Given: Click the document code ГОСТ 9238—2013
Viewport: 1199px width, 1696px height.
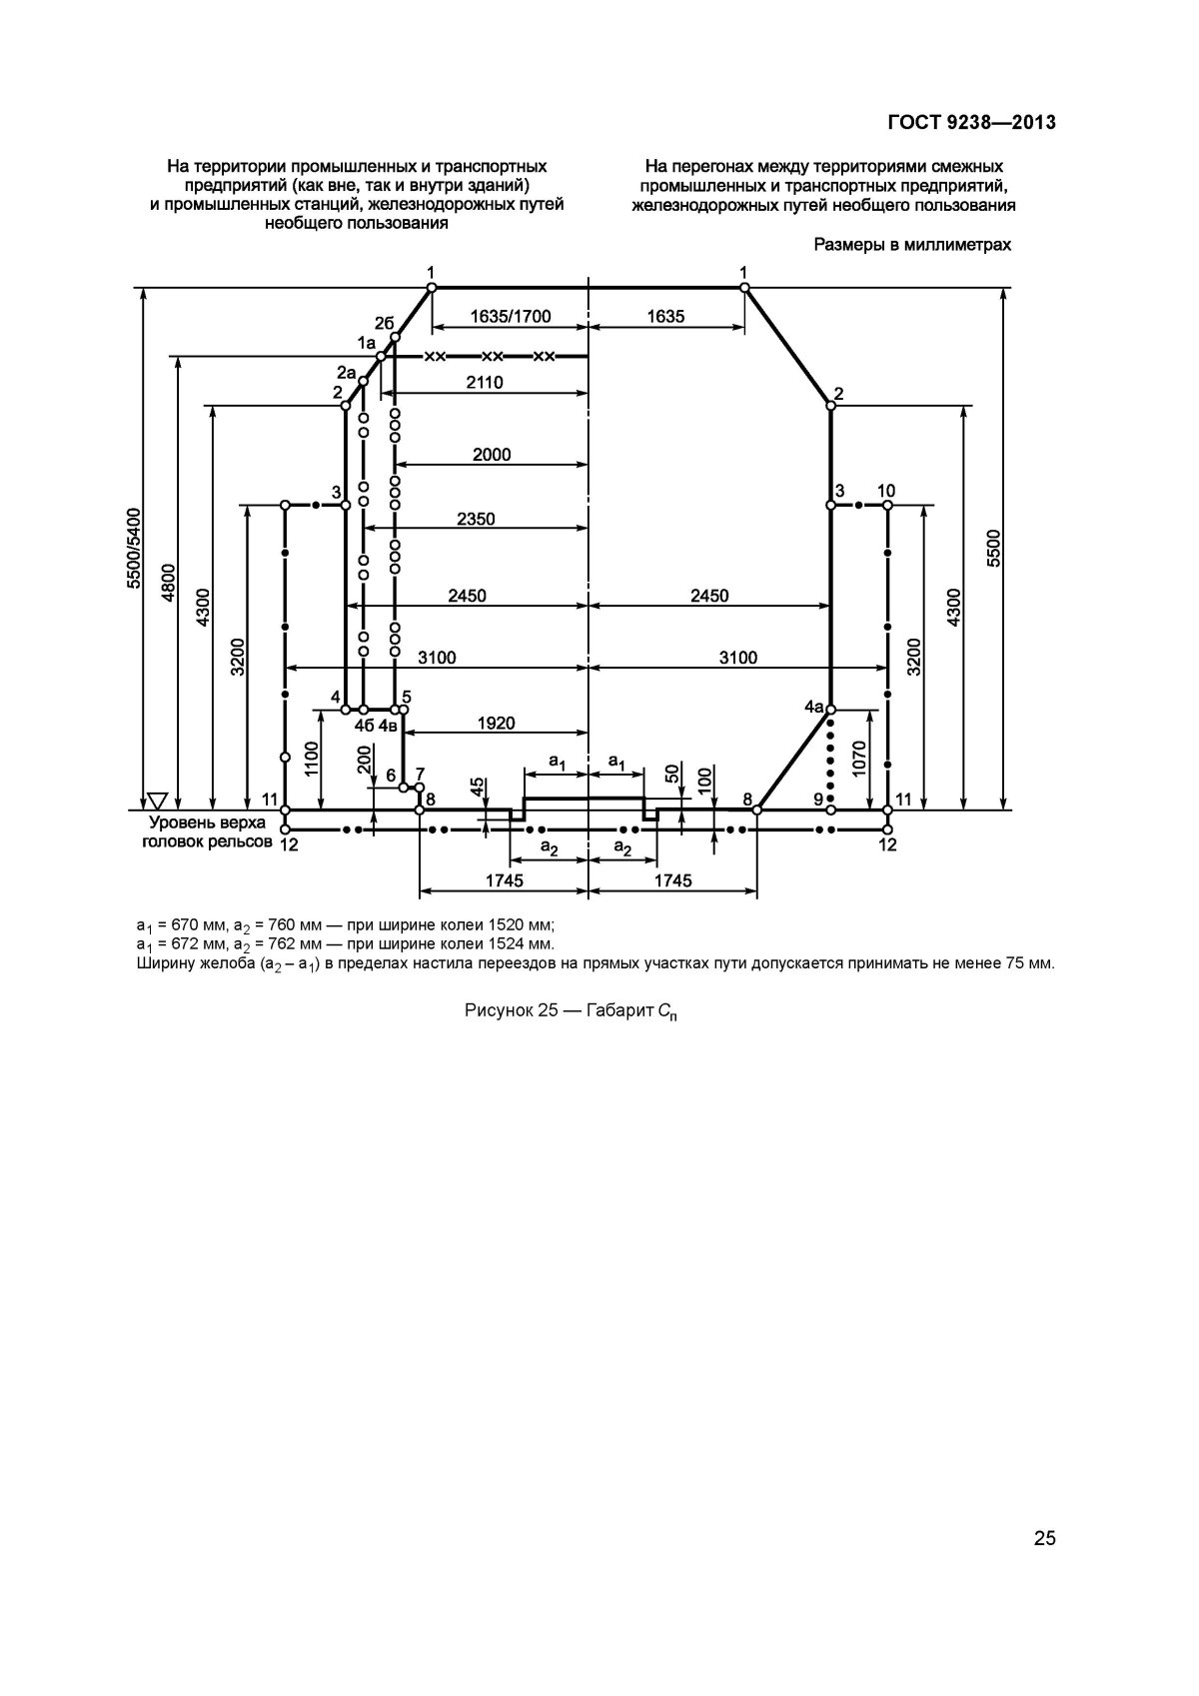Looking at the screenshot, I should [x=971, y=123].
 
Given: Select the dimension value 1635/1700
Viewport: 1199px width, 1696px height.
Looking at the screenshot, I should [x=510, y=317].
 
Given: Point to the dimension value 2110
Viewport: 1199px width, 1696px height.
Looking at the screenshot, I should [x=484, y=383].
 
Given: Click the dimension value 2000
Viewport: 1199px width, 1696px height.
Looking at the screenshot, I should [x=492, y=455].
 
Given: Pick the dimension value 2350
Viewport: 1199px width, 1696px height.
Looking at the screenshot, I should [x=476, y=520].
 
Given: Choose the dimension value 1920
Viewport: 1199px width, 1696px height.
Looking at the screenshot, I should [x=496, y=724].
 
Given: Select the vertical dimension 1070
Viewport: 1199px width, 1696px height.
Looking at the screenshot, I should [x=860, y=759].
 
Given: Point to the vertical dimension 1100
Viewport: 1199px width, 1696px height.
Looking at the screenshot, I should [x=312, y=759].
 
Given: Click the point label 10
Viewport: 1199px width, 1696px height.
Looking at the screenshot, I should [x=886, y=491].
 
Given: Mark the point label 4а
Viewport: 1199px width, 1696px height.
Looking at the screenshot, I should [x=813, y=706].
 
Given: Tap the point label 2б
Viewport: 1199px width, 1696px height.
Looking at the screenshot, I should [x=385, y=322].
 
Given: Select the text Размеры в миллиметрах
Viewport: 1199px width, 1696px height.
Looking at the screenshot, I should [x=912, y=244].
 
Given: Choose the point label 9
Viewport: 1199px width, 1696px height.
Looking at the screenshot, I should [x=817, y=799].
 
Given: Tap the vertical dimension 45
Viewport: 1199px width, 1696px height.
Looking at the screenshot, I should [x=477, y=789].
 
